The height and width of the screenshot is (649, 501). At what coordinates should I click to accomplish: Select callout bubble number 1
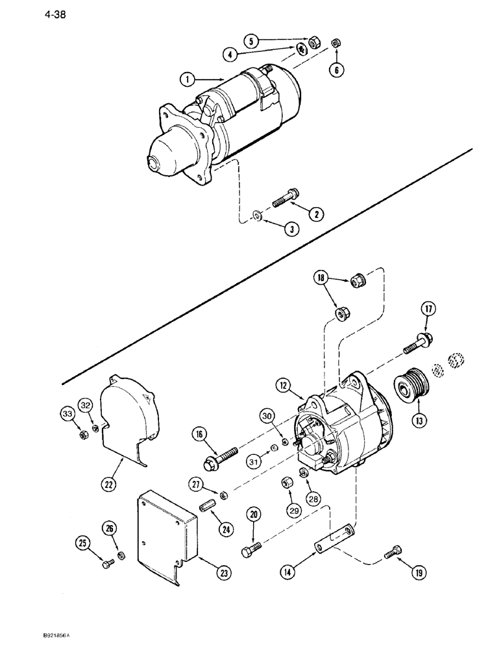[x=187, y=79]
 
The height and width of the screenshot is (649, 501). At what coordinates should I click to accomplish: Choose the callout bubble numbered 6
[x=336, y=69]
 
